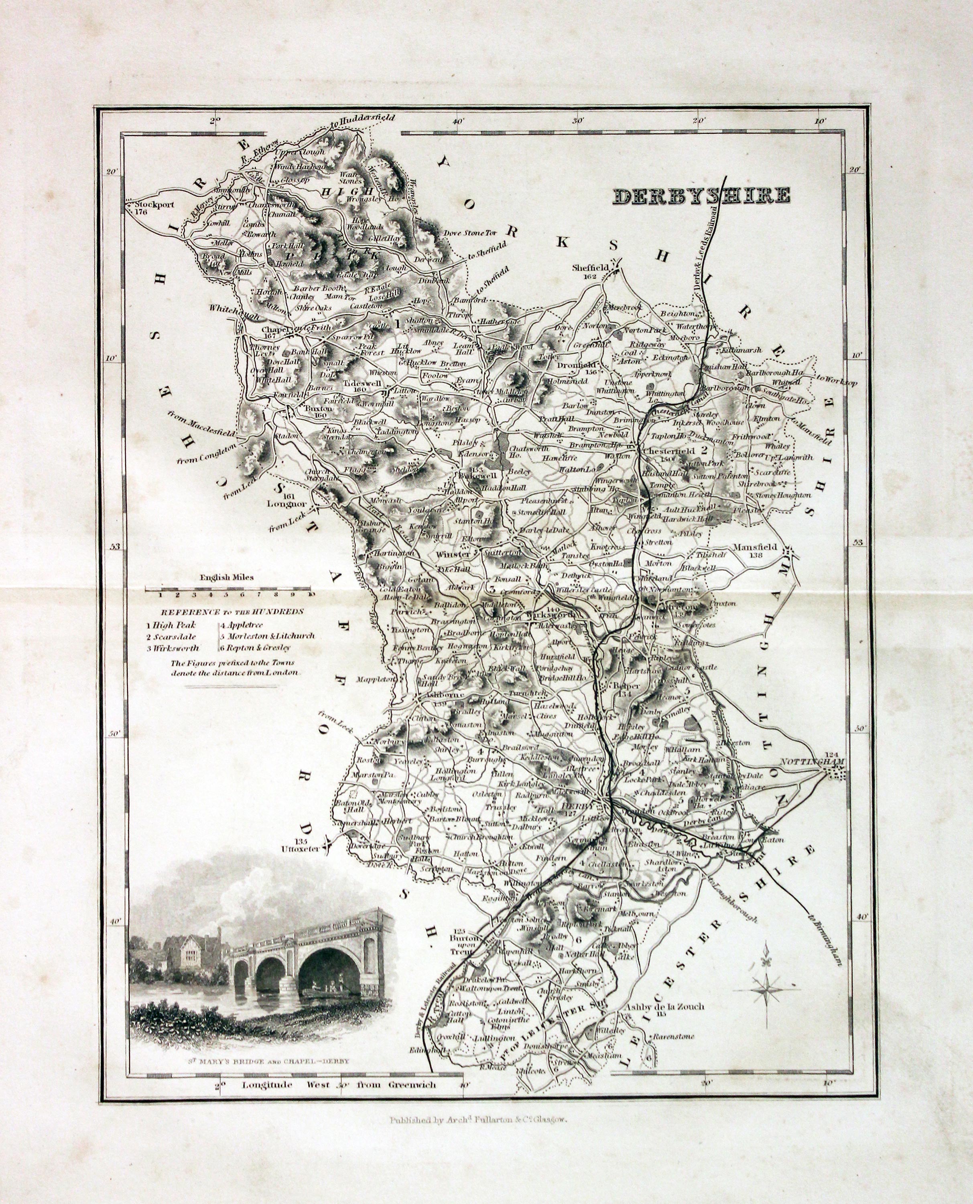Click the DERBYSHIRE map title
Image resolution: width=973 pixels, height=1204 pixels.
tap(702, 195)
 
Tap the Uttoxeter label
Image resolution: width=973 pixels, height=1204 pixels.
tap(301, 849)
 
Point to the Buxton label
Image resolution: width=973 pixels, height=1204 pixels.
tap(318, 410)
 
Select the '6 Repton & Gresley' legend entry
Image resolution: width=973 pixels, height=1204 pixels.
tap(255, 648)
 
